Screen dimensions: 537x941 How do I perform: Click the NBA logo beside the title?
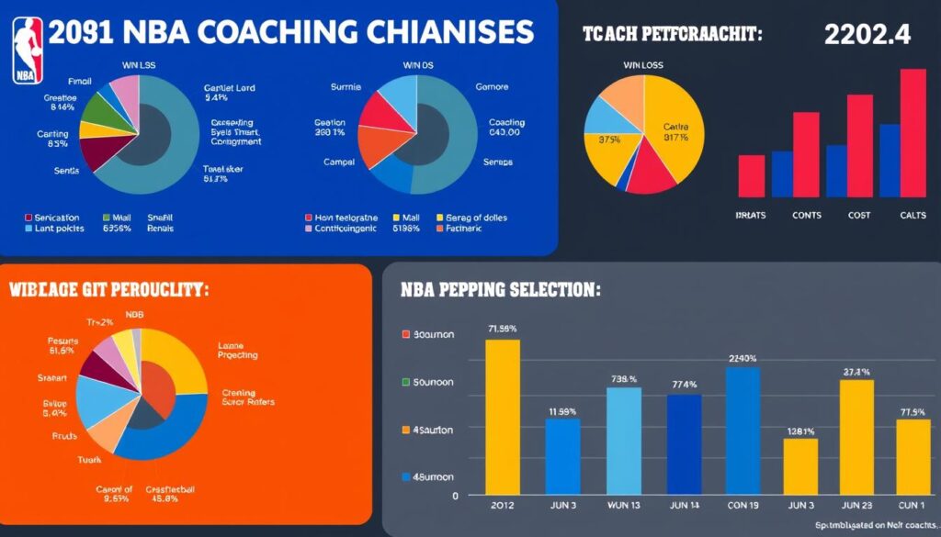click(28, 50)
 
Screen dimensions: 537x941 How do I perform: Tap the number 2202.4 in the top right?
click(867, 35)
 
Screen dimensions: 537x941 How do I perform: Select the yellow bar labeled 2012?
click(503, 415)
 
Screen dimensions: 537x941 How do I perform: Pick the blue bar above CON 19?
click(743, 429)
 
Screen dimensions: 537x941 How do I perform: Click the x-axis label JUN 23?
click(856, 504)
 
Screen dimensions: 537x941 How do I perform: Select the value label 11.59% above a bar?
click(562, 411)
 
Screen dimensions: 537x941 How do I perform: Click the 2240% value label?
click(742, 359)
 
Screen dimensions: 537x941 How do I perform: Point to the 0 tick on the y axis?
click(454, 496)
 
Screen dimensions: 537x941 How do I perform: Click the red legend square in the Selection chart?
click(406, 335)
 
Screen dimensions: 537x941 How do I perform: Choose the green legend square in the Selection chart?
click(406, 382)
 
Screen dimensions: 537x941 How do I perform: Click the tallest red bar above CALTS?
click(913, 133)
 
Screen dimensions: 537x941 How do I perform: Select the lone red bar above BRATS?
click(751, 175)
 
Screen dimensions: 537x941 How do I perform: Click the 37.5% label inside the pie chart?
click(608, 140)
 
